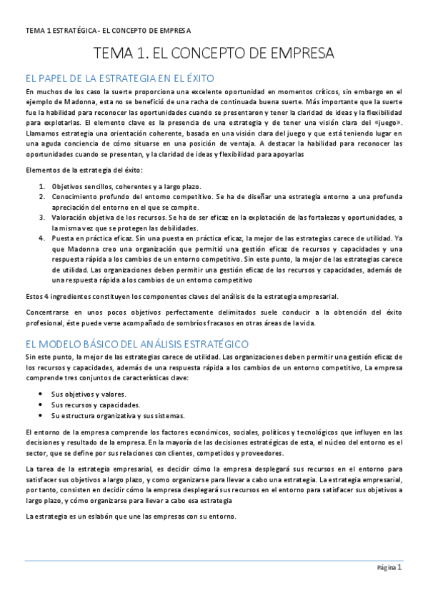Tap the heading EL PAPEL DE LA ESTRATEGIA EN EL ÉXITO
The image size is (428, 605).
pos(120,78)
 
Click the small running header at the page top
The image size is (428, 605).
pos(107,30)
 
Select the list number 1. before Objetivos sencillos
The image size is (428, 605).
pos(42,187)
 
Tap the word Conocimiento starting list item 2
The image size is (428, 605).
pos(79,197)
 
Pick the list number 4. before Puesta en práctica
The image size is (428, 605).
pos(42,238)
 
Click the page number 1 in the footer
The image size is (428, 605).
pos(400,568)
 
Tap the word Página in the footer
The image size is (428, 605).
pos(386,569)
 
